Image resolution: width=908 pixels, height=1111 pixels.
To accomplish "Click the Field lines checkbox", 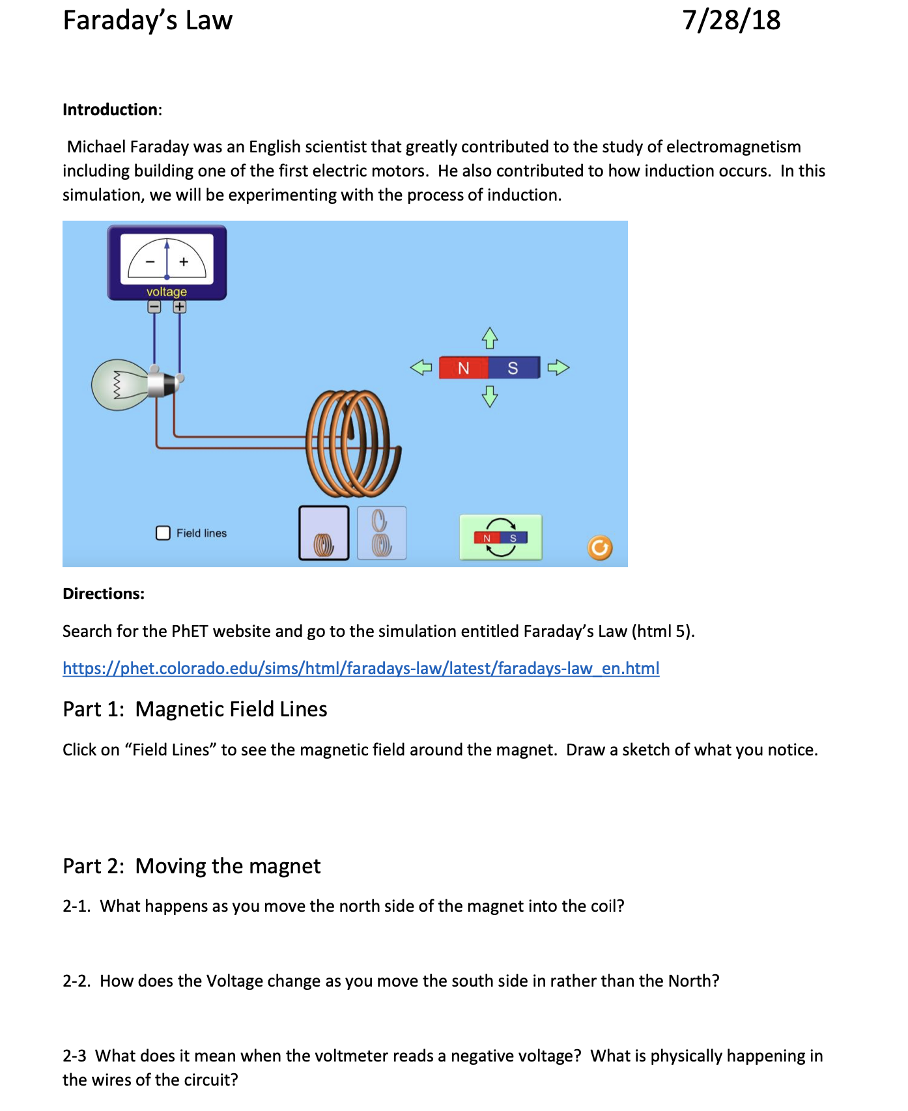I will (163, 533).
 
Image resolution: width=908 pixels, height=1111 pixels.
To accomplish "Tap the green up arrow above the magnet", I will (490, 338).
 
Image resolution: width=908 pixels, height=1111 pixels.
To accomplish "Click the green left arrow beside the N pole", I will (421, 368).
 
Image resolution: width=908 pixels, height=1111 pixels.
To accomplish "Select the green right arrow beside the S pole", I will (558, 368).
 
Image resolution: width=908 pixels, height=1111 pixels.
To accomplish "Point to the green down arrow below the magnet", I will (490, 396).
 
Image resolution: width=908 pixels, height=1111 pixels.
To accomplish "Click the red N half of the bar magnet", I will (463, 368).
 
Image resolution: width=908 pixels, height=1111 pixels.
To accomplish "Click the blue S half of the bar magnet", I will (513, 368).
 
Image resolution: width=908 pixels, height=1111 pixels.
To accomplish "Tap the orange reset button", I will (600, 548).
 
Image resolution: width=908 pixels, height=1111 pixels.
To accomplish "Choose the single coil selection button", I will (324, 533).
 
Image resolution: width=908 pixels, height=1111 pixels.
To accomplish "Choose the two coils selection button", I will (382, 533).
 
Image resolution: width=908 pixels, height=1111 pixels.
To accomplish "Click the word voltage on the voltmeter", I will (167, 292).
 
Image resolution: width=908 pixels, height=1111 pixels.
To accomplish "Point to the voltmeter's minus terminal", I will (154, 307).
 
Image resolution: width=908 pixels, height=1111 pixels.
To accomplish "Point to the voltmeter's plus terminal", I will (180, 307).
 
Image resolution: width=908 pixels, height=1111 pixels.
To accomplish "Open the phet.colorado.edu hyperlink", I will (361, 668).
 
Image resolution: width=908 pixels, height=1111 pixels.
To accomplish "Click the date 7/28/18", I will (731, 20).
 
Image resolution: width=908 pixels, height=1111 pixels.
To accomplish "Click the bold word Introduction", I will (110, 109).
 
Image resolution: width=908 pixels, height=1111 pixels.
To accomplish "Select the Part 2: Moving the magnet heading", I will (192, 866).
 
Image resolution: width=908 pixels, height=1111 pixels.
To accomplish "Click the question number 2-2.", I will (76, 981).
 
